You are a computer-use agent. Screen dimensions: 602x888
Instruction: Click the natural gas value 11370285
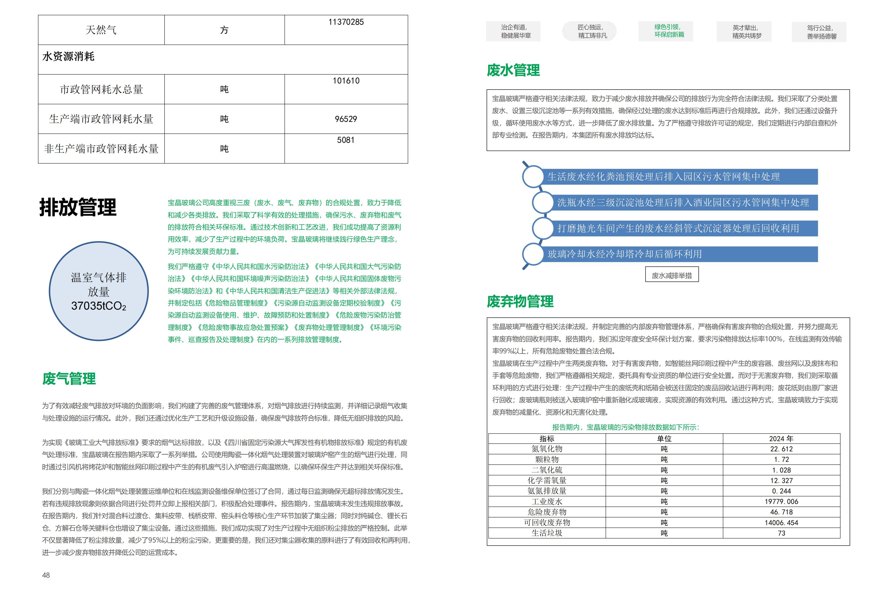[346, 22]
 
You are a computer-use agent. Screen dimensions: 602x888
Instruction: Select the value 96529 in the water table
[346, 119]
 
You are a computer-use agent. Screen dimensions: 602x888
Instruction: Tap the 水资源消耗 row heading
[68, 57]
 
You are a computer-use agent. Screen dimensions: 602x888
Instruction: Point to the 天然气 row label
[101, 30]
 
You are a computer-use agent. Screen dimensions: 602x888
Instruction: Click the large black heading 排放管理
[78, 207]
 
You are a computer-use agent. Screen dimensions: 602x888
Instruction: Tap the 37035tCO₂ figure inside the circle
[99, 306]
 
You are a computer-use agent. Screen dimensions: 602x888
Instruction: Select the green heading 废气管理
[69, 379]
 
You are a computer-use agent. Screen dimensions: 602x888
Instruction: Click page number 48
[46, 575]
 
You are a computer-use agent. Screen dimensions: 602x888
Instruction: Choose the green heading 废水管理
[513, 70]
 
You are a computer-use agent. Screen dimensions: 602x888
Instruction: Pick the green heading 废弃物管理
[520, 302]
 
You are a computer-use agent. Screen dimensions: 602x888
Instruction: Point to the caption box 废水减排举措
[672, 275]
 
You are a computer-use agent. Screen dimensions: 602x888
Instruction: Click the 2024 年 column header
[781, 439]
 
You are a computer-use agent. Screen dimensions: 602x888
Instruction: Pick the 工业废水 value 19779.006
[781, 502]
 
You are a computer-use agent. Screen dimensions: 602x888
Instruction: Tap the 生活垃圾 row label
[547, 533]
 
